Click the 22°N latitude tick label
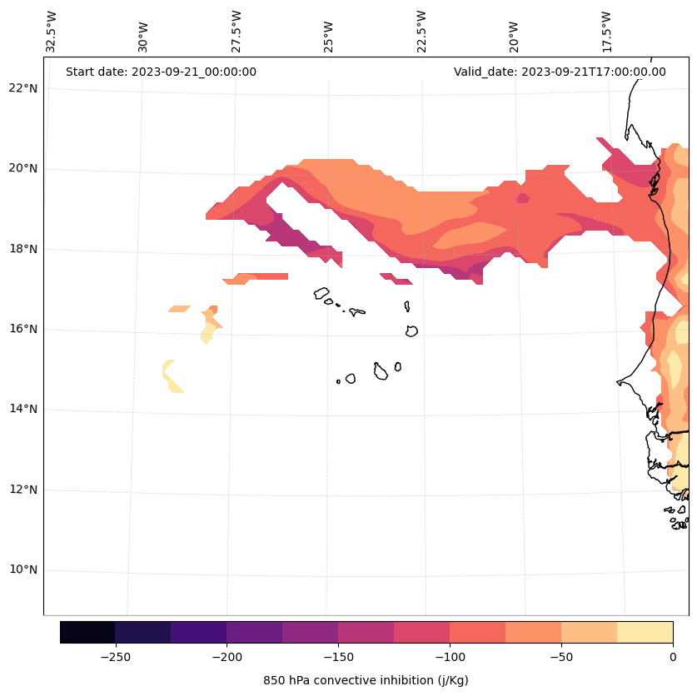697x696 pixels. coord(22,88)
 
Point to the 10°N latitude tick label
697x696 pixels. coord(22,570)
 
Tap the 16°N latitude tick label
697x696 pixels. coord(22,329)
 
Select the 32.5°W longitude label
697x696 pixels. coord(52,32)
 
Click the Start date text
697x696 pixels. coord(161,72)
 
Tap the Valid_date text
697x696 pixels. coord(560,72)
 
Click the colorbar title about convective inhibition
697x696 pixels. coord(366,680)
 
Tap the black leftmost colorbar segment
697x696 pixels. coord(87,632)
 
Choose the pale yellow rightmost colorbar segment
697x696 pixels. coord(645,632)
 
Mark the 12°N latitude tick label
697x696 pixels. coord(22,490)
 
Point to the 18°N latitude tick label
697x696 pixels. coord(22,249)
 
